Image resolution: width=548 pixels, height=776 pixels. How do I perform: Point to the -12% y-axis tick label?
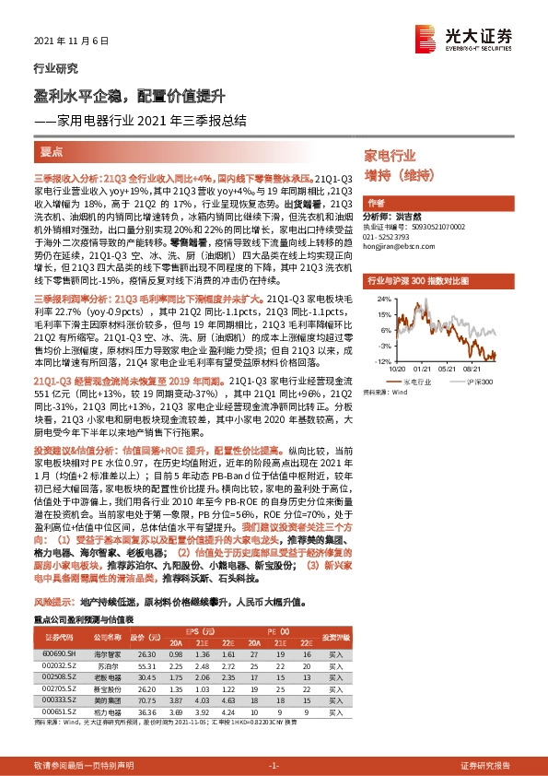[x=379, y=361]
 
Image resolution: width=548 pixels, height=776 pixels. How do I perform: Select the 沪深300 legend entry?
[x=480, y=381]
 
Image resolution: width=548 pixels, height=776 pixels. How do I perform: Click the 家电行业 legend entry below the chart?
[x=417, y=381]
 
